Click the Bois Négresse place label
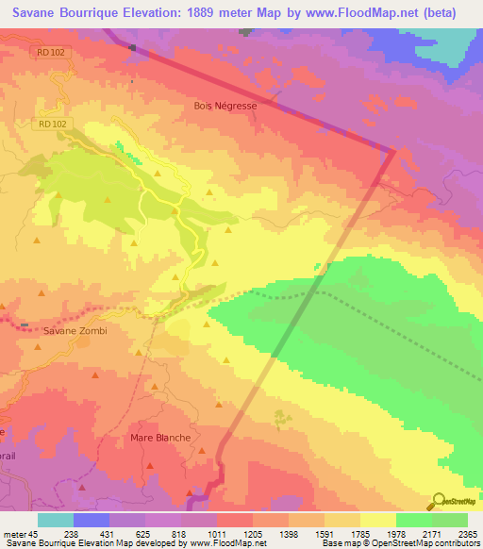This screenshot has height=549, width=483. (225, 107)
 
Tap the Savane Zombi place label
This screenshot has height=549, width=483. (75, 331)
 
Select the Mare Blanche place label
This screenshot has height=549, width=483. (159, 438)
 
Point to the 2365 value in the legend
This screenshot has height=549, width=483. (467, 535)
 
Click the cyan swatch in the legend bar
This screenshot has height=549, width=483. (56, 520)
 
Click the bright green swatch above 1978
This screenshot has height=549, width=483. (413, 520)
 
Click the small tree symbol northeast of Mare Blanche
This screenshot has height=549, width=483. (278, 416)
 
